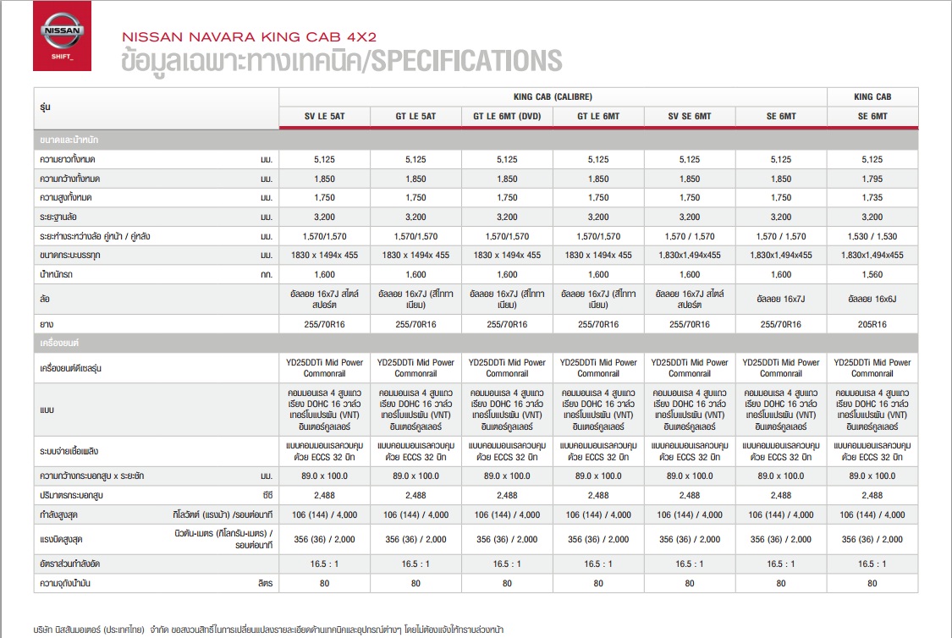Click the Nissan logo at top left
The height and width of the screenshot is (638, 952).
(x=62, y=36)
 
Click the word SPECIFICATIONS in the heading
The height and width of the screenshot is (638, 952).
(x=466, y=61)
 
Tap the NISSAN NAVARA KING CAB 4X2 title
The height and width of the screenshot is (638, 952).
(x=250, y=37)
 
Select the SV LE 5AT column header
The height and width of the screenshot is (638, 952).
(x=325, y=116)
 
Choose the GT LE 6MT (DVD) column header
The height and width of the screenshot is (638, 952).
(x=507, y=116)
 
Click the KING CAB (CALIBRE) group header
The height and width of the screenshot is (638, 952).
(x=553, y=96)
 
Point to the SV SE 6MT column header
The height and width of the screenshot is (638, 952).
(x=690, y=116)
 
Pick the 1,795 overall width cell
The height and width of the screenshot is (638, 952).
(x=872, y=179)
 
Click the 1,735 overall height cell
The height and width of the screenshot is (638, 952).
(x=872, y=198)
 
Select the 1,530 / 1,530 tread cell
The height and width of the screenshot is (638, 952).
(x=872, y=236)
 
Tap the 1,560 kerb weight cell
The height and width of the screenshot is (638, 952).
(x=872, y=274)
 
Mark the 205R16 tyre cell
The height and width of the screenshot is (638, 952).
(x=872, y=324)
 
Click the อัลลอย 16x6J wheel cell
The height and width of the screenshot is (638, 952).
(x=872, y=299)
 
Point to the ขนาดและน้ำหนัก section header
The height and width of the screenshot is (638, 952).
(x=69, y=140)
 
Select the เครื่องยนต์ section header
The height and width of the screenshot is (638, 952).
(x=59, y=343)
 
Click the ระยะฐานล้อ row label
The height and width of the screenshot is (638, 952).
(x=58, y=217)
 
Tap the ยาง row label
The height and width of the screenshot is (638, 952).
(x=47, y=324)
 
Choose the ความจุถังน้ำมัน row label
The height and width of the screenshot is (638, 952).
(x=65, y=583)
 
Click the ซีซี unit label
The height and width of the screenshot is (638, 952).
(x=267, y=495)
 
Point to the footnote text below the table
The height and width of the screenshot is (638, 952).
(x=268, y=630)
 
